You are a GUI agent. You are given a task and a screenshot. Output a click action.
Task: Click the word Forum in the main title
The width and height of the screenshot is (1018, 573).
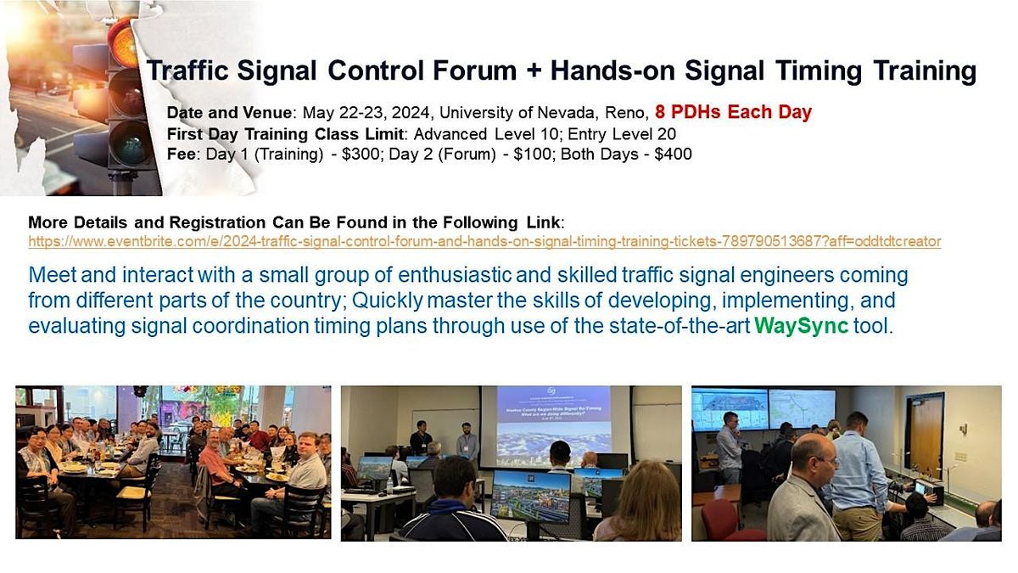pyautogui.click(x=474, y=70)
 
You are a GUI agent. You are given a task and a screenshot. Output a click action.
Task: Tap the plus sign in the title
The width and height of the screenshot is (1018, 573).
pyautogui.click(x=533, y=72)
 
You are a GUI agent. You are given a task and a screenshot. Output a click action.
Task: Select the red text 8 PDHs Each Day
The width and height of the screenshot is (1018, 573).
pyautogui.click(x=733, y=112)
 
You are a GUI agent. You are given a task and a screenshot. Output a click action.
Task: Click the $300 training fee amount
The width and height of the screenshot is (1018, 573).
pyautogui.click(x=361, y=154)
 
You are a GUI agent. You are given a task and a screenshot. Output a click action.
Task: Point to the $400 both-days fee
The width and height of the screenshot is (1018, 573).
pyautogui.click(x=673, y=154)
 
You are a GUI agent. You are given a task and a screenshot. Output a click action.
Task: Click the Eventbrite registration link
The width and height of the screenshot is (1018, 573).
pyautogui.click(x=484, y=241)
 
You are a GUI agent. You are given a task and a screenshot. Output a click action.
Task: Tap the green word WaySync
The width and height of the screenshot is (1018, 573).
pyautogui.click(x=801, y=326)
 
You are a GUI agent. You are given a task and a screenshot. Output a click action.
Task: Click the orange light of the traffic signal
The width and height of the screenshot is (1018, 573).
pyautogui.click(x=126, y=46)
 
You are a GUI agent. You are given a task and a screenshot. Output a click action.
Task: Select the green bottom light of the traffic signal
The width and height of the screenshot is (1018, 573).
pyautogui.click(x=131, y=146)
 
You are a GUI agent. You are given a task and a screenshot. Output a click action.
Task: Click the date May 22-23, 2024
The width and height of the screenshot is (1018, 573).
pyautogui.click(x=366, y=112)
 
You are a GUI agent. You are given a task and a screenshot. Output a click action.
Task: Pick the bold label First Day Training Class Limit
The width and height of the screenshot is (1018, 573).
pyautogui.click(x=285, y=134)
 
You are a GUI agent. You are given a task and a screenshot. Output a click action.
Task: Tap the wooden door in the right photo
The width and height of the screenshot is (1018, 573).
pyautogui.click(x=926, y=435)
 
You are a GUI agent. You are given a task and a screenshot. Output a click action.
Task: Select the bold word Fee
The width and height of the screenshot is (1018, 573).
pyautogui.click(x=181, y=154)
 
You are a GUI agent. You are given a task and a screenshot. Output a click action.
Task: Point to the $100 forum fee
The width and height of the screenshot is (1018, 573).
pyautogui.click(x=532, y=154)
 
